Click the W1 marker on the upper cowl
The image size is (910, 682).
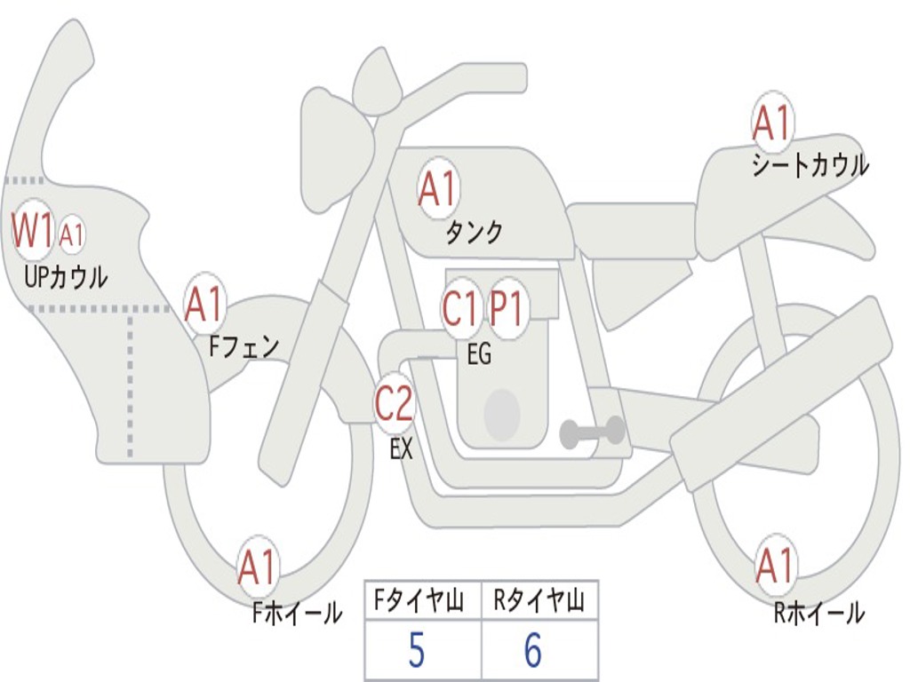[x=32, y=232]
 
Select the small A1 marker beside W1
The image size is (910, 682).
[x=72, y=235]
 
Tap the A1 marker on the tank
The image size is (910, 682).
[x=436, y=189]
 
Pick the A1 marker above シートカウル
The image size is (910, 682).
[x=771, y=123]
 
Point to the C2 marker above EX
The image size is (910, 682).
[x=394, y=405]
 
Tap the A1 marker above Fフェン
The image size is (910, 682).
[x=204, y=305]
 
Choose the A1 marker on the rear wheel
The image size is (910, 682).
[x=774, y=567]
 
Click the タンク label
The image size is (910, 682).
[x=474, y=233]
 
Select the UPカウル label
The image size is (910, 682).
[x=66, y=277]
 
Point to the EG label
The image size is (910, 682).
[x=478, y=355]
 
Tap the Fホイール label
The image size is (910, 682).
[x=296, y=613]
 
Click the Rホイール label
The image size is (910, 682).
[x=818, y=613]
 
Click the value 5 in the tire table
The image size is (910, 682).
[x=416, y=652]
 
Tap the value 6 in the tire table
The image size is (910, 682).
[x=532, y=652]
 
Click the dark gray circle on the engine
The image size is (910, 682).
[x=502, y=413]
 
